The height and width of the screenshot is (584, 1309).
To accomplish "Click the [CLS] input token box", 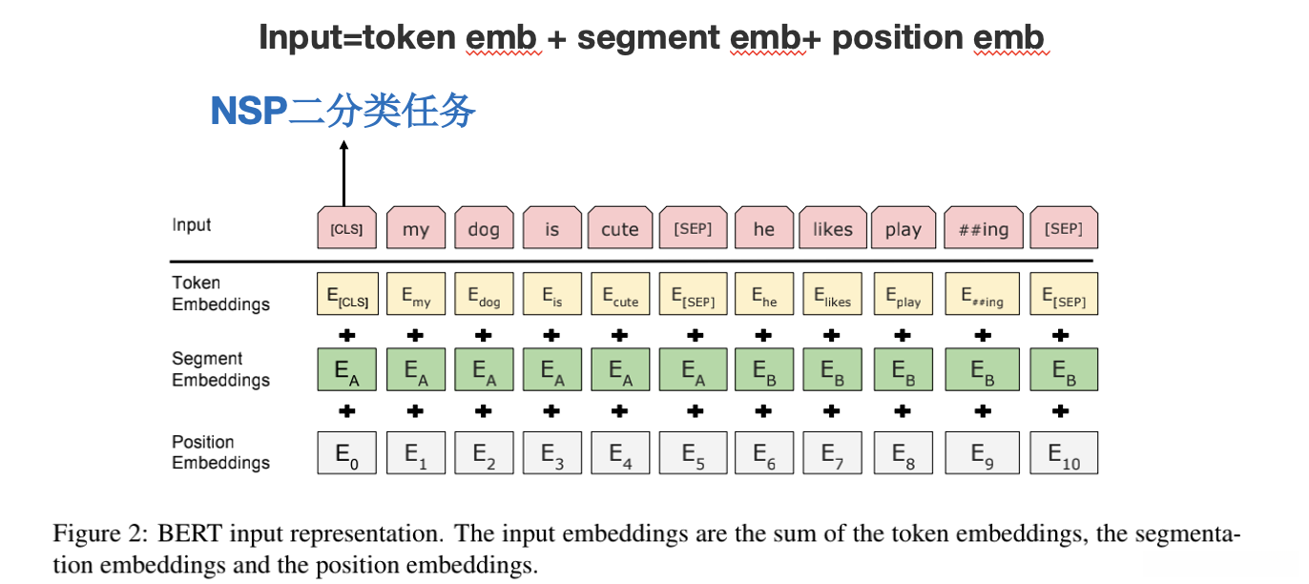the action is [x=347, y=228].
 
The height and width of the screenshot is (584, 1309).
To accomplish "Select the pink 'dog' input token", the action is [x=484, y=228].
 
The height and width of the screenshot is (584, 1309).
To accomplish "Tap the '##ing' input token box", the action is [x=983, y=228].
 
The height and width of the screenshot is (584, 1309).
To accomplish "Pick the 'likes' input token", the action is [x=832, y=228].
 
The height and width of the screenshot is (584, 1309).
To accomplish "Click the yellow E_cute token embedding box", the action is [x=620, y=294].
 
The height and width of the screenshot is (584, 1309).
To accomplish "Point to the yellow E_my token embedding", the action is [x=416, y=294].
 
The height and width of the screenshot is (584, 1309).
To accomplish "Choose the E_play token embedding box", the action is [x=903, y=294].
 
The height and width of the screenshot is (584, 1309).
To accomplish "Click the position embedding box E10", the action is [x=1064, y=453].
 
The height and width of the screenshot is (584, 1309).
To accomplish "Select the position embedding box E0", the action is [x=347, y=453].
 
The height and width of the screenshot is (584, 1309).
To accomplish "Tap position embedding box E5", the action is [x=694, y=453].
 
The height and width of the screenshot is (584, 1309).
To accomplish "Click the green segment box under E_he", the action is [x=764, y=369].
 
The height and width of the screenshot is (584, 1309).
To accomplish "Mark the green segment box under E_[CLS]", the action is [x=347, y=369].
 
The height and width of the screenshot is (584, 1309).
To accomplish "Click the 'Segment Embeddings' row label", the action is [x=220, y=369].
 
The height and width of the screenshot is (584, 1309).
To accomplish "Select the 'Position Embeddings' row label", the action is [x=220, y=452].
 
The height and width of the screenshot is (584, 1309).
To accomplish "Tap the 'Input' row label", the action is [x=192, y=225].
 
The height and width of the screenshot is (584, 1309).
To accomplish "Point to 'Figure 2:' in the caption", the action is [x=93, y=532].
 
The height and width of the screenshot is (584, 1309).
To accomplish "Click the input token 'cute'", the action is [x=620, y=228].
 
